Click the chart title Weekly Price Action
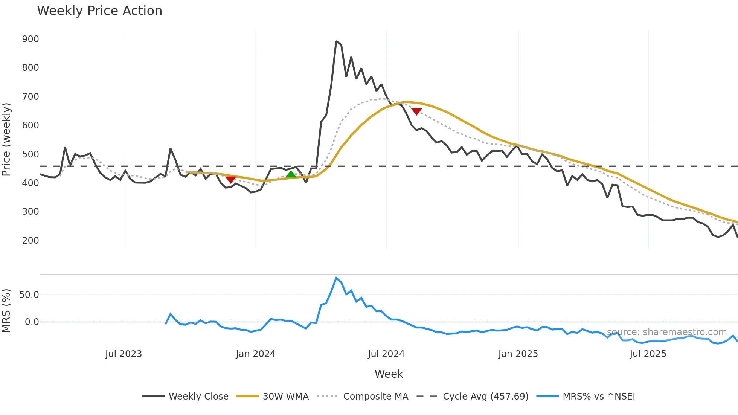99,11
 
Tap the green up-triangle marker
291,174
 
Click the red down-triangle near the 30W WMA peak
416,111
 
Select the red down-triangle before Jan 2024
230,180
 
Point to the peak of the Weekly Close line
336,41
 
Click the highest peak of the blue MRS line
336,278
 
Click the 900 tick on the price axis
30,39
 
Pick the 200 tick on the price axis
30,240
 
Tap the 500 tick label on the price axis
30,154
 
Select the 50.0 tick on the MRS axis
29,294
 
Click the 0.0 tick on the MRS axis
32,322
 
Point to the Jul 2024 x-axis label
386,354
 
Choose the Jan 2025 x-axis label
518,354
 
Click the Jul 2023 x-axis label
124,354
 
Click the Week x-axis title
389,374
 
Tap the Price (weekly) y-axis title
6,139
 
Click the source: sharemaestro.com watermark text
666,332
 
